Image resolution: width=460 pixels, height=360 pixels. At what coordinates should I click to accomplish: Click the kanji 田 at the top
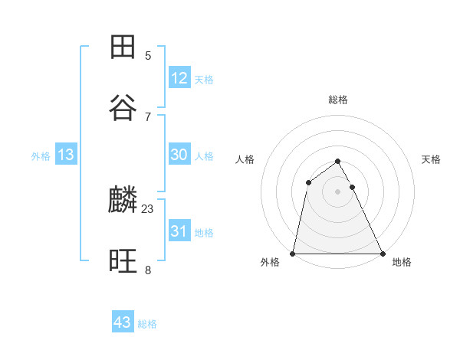(x=123, y=47)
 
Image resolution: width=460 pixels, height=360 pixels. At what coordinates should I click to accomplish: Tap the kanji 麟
(x=123, y=201)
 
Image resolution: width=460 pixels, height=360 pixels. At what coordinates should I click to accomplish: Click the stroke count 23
(x=148, y=208)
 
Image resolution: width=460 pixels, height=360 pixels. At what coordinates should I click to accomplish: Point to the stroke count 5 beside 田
(x=148, y=55)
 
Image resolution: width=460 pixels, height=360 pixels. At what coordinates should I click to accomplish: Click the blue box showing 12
(x=179, y=77)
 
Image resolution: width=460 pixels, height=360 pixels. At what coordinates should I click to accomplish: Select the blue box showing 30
(x=179, y=154)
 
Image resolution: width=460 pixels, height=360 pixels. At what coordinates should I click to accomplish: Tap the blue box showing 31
(x=179, y=231)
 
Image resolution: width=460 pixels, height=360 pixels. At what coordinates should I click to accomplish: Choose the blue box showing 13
(x=66, y=155)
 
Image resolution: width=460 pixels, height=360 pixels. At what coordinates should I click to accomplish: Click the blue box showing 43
(x=123, y=322)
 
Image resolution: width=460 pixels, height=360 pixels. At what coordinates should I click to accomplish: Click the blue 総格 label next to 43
(x=147, y=324)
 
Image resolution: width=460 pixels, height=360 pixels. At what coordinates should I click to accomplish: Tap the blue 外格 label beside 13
(x=41, y=156)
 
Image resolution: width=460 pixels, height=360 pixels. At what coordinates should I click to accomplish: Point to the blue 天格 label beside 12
(x=203, y=80)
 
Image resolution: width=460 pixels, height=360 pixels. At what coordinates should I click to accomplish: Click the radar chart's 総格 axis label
(x=338, y=100)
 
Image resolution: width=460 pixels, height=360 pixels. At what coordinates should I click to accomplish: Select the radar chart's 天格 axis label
(x=432, y=159)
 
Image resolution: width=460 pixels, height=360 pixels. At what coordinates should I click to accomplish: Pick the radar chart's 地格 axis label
(x=402, y=262)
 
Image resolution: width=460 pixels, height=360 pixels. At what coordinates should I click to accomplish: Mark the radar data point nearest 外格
(x=293, y=254)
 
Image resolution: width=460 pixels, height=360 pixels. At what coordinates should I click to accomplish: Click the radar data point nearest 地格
(x=383, y=254)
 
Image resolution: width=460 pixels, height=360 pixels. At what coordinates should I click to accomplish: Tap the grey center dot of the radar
(x=338, y=191)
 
